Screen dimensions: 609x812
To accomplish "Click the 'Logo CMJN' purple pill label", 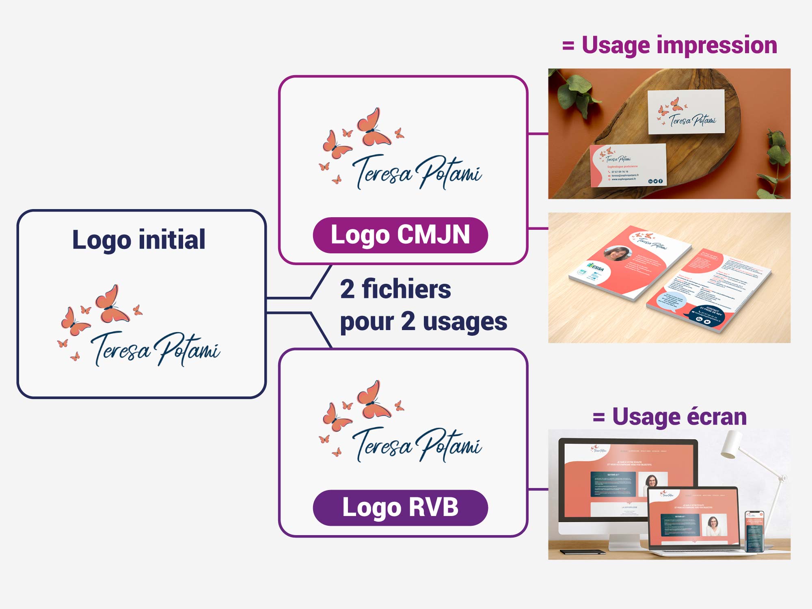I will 400,235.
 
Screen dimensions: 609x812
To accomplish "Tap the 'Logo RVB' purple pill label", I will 400,508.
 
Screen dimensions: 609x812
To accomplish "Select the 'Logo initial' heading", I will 138,240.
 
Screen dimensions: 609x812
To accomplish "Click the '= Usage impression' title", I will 670,45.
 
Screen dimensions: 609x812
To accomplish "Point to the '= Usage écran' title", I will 670,417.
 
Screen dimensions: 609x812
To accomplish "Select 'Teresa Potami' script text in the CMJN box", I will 417,173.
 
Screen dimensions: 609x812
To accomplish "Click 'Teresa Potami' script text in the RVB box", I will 417,445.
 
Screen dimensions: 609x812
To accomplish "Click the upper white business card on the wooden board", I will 686,111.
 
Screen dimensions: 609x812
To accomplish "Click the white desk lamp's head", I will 731,445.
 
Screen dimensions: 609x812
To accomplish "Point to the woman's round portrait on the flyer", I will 617,253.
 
